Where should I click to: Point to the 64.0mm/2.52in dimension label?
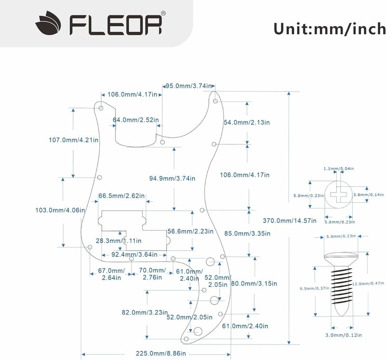(136, 119)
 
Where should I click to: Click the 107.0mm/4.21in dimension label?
(73, 140)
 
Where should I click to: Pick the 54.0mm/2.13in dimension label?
(247, 123)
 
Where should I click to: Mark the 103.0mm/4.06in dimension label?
(60, 210)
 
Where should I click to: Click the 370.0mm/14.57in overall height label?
(289, 221)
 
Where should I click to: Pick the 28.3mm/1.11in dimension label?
(119, 240)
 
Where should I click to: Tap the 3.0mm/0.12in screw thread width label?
(344, 335)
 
